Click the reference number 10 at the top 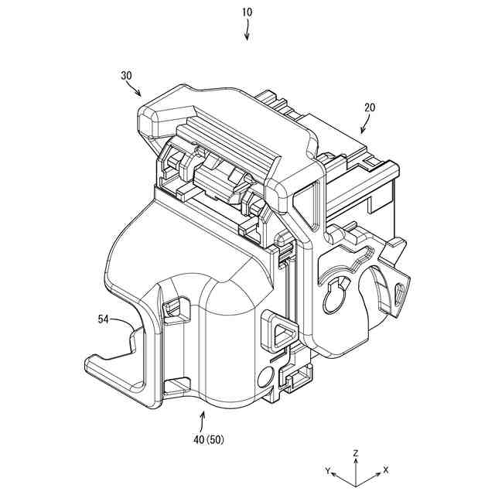[x=247, y=12]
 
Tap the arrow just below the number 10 [x=247, y=32]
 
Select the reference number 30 [x=127, y=76]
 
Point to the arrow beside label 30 [x=134, y=90]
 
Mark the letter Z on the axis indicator [x=355, y=452]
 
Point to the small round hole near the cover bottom [x=265, y=378]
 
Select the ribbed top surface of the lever [x=224, y=135]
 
